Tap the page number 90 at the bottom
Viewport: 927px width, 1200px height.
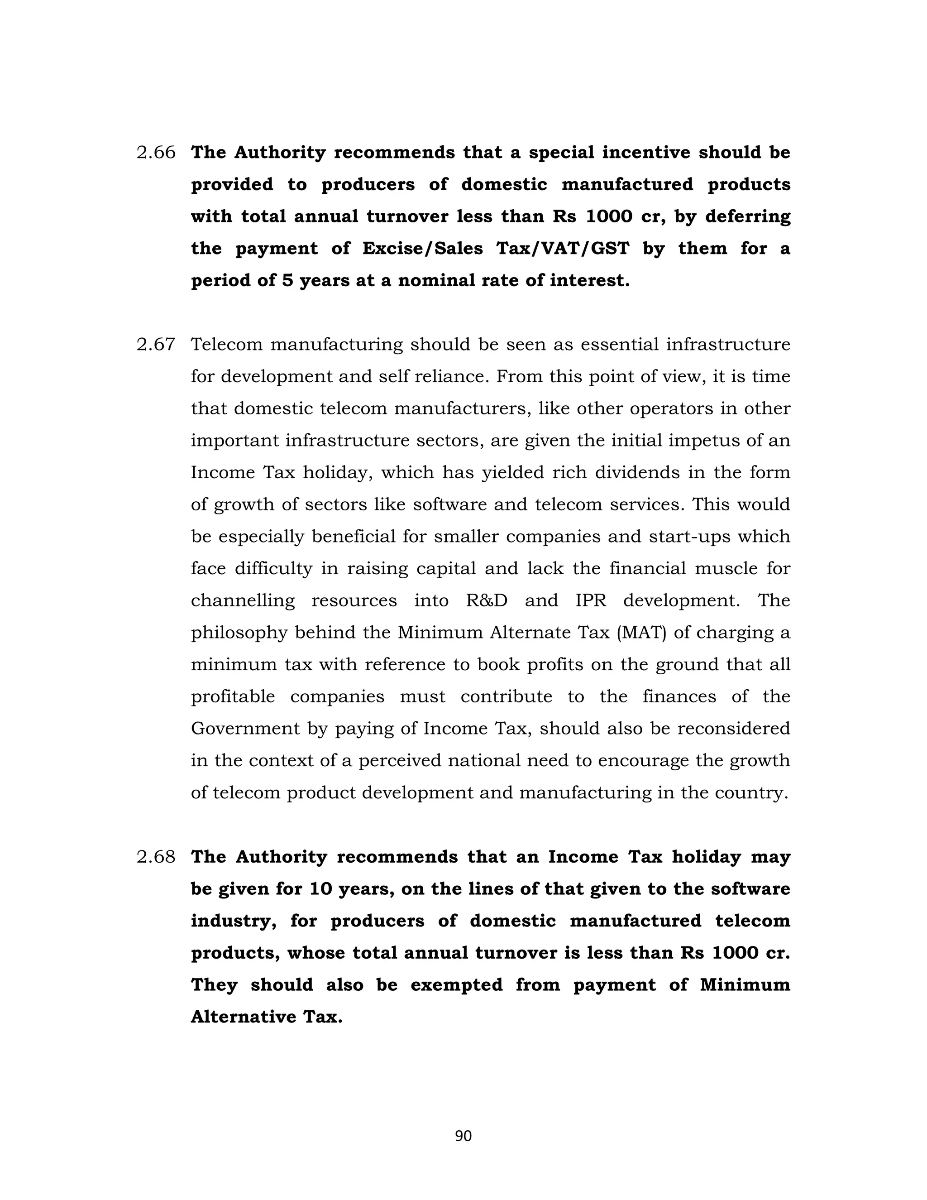pos(463,1136)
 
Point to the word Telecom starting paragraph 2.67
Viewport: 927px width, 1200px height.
pos(226,345)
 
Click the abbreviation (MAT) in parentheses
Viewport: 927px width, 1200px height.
pos(641,633)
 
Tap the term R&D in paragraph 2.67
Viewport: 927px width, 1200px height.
pos(487,600)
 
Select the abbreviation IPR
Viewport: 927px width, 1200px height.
pos(590,600)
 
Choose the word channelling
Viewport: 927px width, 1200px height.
pos(243,600)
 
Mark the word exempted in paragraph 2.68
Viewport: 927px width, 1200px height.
pos(456,984)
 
